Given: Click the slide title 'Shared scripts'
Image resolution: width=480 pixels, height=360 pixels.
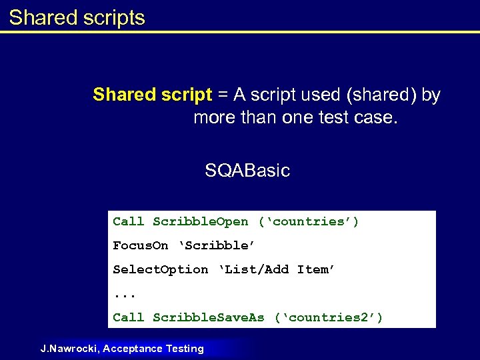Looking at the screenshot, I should [77, 17].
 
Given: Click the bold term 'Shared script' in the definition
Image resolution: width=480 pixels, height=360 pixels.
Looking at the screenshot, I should [152, 95].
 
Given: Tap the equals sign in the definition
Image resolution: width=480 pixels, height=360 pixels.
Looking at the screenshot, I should [221, 95].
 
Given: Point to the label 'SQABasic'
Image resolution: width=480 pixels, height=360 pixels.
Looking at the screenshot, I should [247, 171].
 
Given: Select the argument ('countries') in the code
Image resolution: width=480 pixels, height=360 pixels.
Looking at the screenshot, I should [309, 221].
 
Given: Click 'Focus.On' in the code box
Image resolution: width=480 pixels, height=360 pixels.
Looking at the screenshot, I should [140, 245].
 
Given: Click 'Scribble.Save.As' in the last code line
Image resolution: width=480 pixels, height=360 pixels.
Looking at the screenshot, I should [208, 317].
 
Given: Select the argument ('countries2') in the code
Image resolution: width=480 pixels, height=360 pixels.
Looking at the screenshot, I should [329, 317].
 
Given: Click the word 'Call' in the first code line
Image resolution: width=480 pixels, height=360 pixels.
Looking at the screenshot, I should [128, 221].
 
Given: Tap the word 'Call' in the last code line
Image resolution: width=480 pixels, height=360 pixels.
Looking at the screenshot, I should [128, 317].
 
